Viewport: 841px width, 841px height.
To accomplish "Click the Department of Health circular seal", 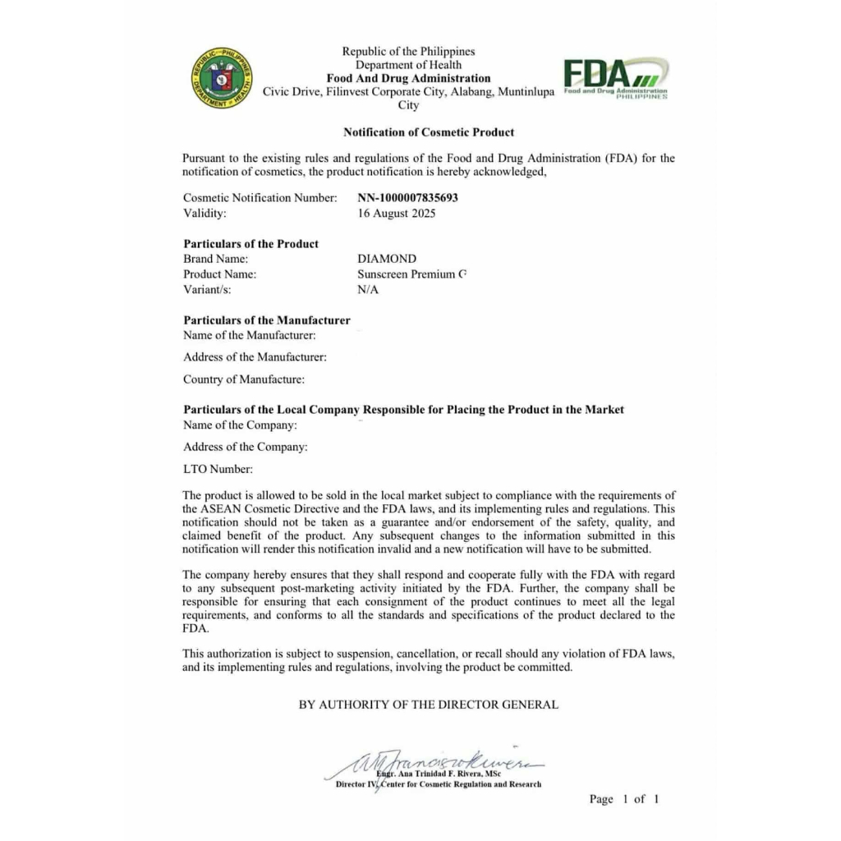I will [x=222, y=79].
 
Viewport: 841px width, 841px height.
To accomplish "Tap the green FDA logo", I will [x=615, y=78].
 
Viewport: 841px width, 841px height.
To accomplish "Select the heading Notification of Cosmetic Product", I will [x=429, y=132].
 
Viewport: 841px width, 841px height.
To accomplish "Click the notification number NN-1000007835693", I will [x=408, y=198].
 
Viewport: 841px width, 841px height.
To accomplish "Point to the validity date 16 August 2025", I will [x=397, y=214].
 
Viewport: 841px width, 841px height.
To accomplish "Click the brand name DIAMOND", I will [x=387, y=259].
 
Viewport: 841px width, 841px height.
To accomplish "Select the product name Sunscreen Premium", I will [x=411, y=274].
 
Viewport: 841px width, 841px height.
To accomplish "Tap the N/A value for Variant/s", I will [x=368, y=290].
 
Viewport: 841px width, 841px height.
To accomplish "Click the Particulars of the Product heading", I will [x=250, y=244].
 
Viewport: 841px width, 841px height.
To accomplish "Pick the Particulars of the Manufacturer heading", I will [x=267, y=320].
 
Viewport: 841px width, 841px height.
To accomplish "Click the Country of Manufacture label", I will [x=244, y=379].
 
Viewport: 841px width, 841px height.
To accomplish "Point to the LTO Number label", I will [x=218, y=469].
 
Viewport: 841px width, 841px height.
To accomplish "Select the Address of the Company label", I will [x=246, y=447].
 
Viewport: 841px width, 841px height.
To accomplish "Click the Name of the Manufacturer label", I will [x=250, y=335].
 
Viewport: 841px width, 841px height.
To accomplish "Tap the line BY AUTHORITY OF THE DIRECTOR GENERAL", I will [x=428, y=705].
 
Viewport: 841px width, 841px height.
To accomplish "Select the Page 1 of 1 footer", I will [x=623, y=799].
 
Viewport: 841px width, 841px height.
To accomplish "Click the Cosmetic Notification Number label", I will [x=260, y=198].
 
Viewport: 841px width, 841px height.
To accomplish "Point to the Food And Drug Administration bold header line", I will [x=408, y=79].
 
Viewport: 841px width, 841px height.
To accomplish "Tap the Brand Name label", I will [x=215, y=259].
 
